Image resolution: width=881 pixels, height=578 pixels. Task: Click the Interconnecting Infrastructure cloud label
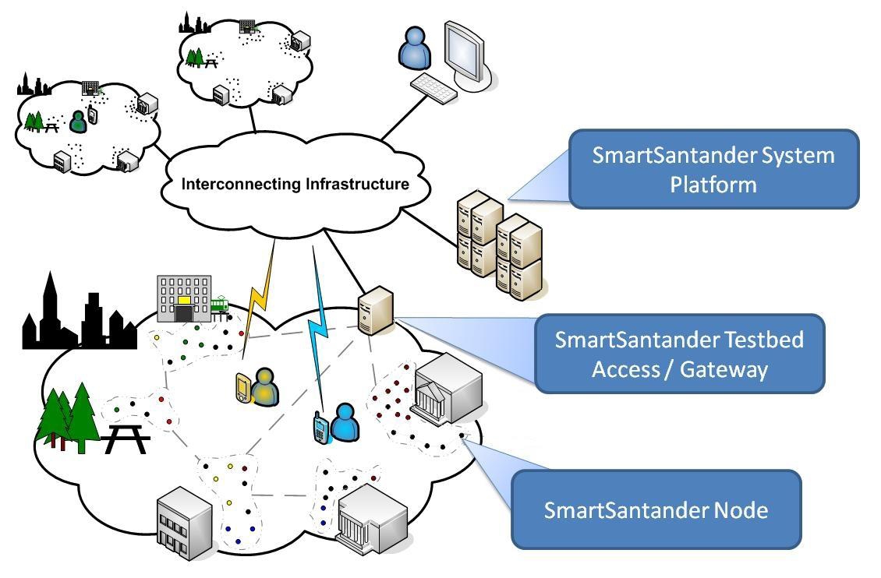point(295,185)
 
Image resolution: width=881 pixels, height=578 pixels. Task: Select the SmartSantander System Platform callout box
point(713,169)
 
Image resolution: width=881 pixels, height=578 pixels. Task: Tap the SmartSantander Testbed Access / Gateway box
point(679,354)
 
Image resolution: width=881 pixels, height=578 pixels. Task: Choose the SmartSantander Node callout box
point(656,509)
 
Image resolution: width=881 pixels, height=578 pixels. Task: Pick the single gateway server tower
point(374,310)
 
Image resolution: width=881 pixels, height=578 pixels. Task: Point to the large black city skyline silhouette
point(74,315)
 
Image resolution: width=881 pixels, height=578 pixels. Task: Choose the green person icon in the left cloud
point(77,121)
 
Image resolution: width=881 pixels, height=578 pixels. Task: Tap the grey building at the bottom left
point(184,518)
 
